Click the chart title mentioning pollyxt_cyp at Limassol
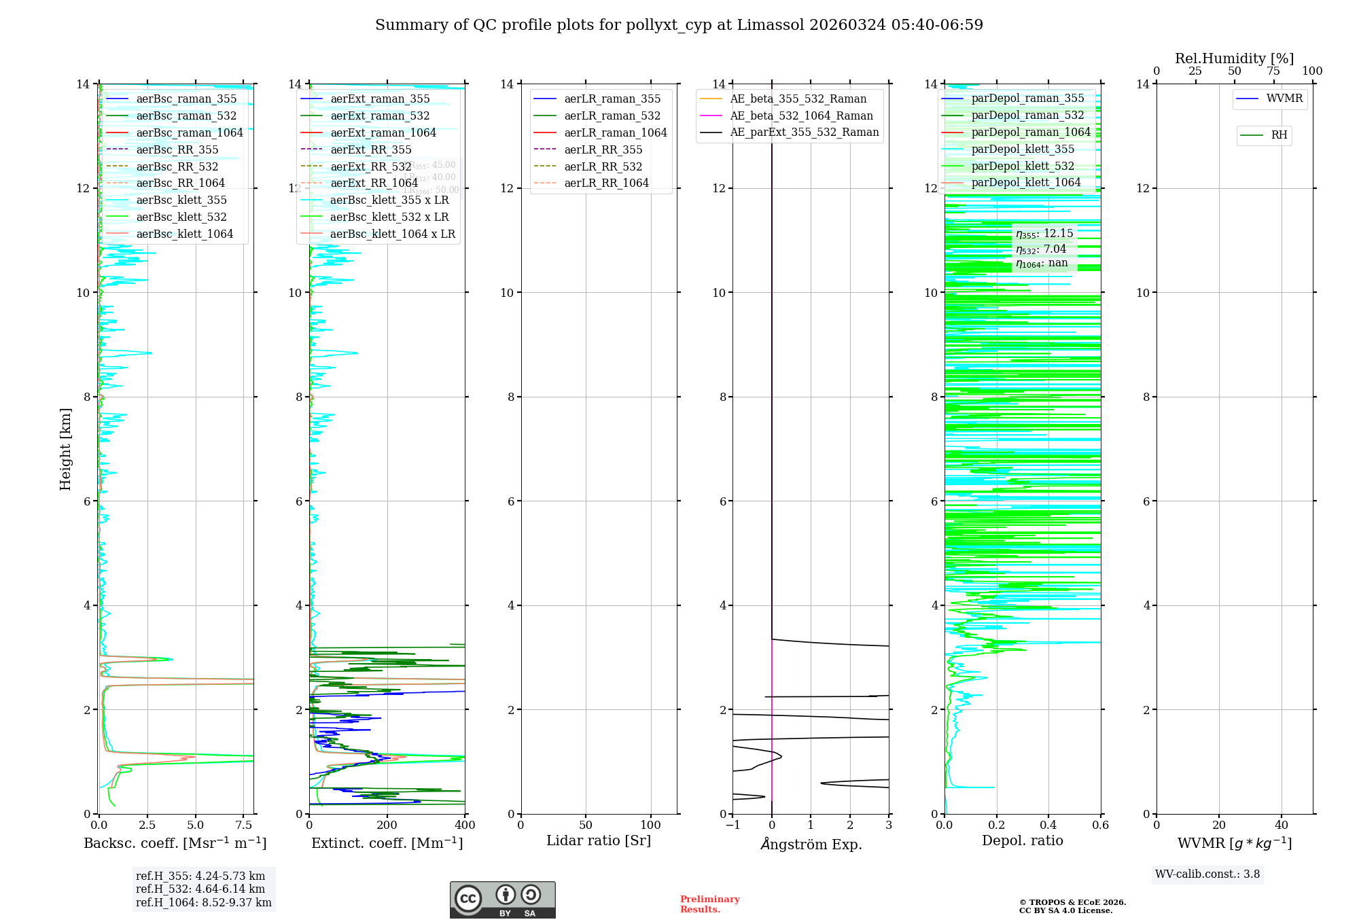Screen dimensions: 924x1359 [x=679, y=25]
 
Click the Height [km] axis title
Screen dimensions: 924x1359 [x=65, y=449]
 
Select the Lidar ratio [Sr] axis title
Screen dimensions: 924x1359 [x=599, y=840]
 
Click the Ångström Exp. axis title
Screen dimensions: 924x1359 [x=811, y=845]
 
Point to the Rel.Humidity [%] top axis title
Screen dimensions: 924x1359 [x=1234, y=58]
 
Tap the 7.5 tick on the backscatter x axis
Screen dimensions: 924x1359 [x=244, y=825]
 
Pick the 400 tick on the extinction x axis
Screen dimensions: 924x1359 [x=465, y=825]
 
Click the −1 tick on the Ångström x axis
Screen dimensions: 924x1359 [x=733, y=825]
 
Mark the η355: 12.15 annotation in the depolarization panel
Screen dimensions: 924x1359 [x=1044, y=234]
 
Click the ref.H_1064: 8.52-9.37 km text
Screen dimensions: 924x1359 [x=203, y=903]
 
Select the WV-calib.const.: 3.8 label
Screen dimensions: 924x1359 [x=1207, y=874]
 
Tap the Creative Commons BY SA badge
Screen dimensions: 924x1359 [x=502, y=900]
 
